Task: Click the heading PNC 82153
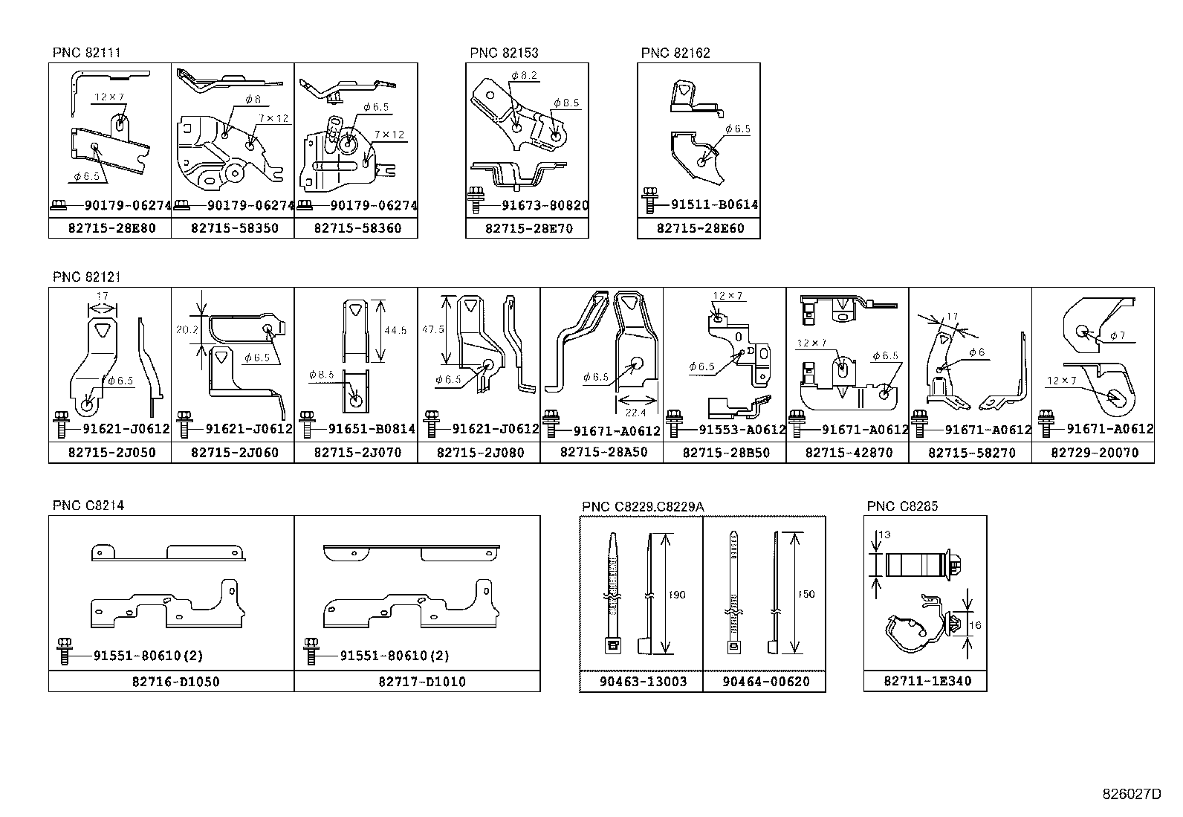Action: coord(504,53)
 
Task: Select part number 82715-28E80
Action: coord(110,228)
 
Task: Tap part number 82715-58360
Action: coord(357,228)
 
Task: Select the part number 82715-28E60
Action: coord(699,228)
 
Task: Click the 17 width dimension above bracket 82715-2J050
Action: coord(103,297)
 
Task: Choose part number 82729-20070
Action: coord(1094,452)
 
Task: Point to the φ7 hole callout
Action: coord(1118,335)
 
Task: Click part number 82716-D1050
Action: coord(172,682)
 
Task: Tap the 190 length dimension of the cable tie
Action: coord(677,595)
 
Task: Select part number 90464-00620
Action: coord(765,682)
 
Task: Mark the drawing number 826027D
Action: coord(1131,794)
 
